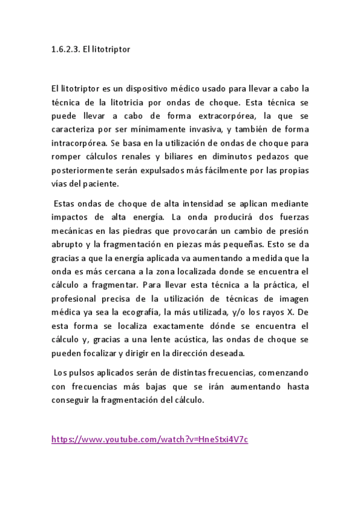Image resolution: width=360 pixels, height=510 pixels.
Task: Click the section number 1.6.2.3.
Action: (x=66, y=50)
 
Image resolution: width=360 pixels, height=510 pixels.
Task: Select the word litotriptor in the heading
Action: (x=111, y=50)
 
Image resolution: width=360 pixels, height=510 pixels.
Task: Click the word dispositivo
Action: (x=139, y=88)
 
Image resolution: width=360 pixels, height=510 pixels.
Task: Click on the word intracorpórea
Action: (x=76, y=143)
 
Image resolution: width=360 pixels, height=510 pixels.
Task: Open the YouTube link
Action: (x=150, y=439)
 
